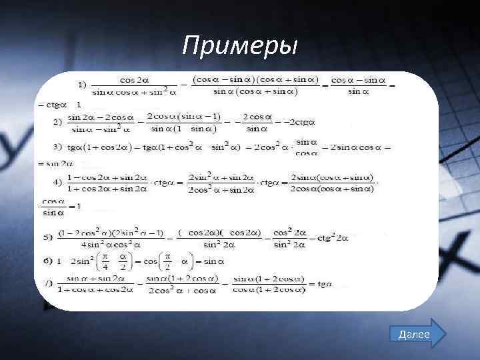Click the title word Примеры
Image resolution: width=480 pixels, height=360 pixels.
[241, 46]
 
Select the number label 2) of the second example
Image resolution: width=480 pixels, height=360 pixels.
[58, 122]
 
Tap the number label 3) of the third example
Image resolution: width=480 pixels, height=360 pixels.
[58, 147]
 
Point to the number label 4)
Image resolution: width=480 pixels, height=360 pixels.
[58, 182]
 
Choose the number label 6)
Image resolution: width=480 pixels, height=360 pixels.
[47, 261]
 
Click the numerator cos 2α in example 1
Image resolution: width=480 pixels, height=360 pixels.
[134, 80]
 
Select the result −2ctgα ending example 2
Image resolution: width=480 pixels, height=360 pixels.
[299, 122]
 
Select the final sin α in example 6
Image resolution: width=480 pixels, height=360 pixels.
[214, 261]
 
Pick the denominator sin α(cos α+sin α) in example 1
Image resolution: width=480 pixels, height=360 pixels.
[255, 91]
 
